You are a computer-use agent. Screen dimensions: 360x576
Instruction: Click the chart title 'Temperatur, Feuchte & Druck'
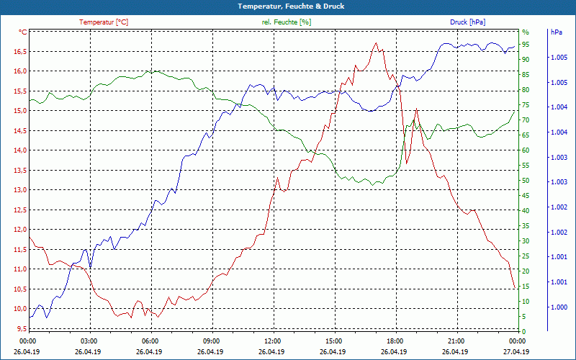pos(287,6)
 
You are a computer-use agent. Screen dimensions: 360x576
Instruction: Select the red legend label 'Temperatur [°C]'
pos(104,22)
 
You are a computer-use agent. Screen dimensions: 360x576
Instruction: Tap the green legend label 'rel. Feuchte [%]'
pos(287,22)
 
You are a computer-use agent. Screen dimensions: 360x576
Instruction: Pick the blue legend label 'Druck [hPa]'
pos(467,22)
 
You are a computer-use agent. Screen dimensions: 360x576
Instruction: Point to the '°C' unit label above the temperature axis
pos(23,32)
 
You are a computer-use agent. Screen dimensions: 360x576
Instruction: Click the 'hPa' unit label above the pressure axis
pos(556,32)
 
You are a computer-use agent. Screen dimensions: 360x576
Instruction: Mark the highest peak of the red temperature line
pos(376,43)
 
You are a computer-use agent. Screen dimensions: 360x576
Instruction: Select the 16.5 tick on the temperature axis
pos(19,52)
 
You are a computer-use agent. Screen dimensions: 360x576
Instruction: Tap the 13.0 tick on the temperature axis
pos(19,190)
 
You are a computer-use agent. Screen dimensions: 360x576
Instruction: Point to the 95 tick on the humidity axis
pos(526,45)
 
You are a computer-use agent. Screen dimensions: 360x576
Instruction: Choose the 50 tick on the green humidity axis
pos(526,181)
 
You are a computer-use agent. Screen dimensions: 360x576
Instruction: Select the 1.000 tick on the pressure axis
pos(557,307)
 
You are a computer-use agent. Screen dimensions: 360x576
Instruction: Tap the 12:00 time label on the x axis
pos(272,341)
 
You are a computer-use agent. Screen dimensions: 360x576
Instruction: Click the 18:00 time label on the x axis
pos(394,341)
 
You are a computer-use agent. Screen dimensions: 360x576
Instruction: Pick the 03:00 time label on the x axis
pos(89,341)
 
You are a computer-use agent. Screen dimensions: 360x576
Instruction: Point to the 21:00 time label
pos(455,341)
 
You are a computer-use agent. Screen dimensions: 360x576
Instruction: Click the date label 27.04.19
pos(516,352)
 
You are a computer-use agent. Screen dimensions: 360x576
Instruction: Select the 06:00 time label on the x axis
pos(150,341)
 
